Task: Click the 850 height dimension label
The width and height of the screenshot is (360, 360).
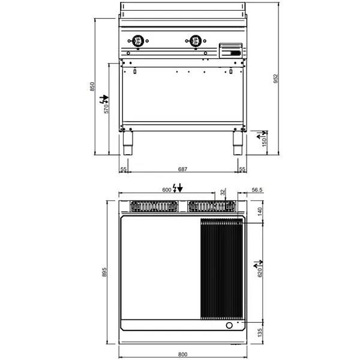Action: (x=92, y=86)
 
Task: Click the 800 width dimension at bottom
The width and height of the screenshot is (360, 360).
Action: (x=182, y=354)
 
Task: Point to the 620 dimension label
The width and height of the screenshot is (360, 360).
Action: (x=260, y=274)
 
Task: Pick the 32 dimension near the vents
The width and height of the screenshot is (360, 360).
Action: (x=222, y=191)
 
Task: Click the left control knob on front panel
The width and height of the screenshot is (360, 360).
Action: (x=137, y=41)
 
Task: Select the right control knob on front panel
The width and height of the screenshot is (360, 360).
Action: (x=196, y=41)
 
